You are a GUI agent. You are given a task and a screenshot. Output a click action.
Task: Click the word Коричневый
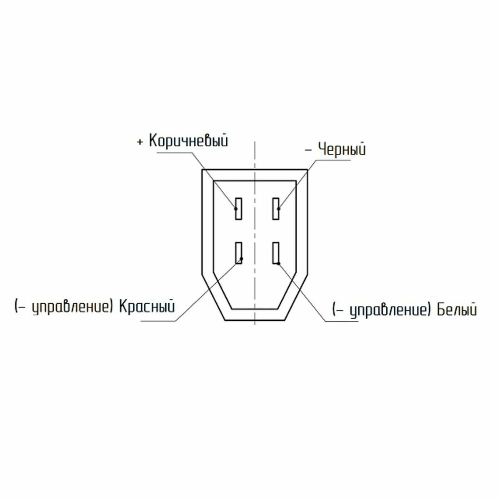[x=188, y=141]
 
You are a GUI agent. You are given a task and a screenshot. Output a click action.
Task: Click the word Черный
[x=342, y=150]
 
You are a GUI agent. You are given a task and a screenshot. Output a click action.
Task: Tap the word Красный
[x=147, y=306]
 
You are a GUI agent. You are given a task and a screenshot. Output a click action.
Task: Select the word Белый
[x=457, y=310]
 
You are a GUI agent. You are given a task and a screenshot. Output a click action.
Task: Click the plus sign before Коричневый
[x=140, y=142]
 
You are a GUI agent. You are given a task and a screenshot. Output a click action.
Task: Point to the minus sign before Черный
[x=308, y=150]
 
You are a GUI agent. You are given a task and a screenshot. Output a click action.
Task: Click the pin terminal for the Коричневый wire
[x=238, y=209]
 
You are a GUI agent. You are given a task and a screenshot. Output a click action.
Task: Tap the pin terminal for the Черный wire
[x=276, y=209]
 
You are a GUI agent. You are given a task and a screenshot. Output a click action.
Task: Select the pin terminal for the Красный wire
[x=238, y=253]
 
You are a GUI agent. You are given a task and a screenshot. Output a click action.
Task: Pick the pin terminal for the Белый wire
[x=276, y=253]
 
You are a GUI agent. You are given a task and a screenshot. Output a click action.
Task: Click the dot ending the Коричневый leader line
[x=236, y=209]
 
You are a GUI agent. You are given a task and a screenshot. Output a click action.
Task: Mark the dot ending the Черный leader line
[x=279, y=209]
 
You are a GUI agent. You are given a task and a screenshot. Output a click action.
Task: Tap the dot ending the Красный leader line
[x=242, y=259]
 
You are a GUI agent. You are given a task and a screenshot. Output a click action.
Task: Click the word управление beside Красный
[x=70, y=308]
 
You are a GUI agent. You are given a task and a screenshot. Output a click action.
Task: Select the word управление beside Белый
[x=388, y=310]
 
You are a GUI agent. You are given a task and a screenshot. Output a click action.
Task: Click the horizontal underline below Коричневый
[x=175, y=153]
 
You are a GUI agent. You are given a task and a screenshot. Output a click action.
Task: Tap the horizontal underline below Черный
[x=333, y=160]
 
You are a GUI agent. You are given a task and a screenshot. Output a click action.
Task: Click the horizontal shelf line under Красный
[x=158, y=322]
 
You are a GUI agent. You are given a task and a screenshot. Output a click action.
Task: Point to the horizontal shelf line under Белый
[x=342, y=322]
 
